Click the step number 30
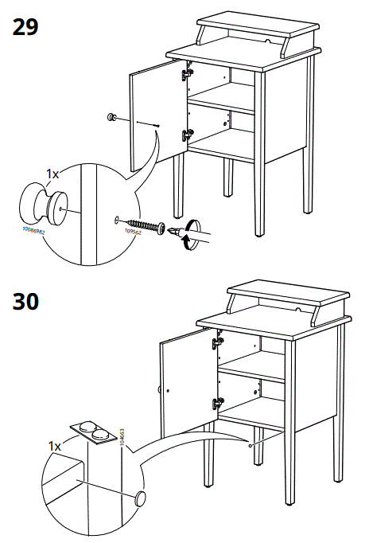27,303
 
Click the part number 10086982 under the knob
33,233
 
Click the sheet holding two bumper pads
95,433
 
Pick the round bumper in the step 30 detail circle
140,498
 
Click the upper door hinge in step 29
188,74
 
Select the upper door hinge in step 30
216,344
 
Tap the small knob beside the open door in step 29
111,119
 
